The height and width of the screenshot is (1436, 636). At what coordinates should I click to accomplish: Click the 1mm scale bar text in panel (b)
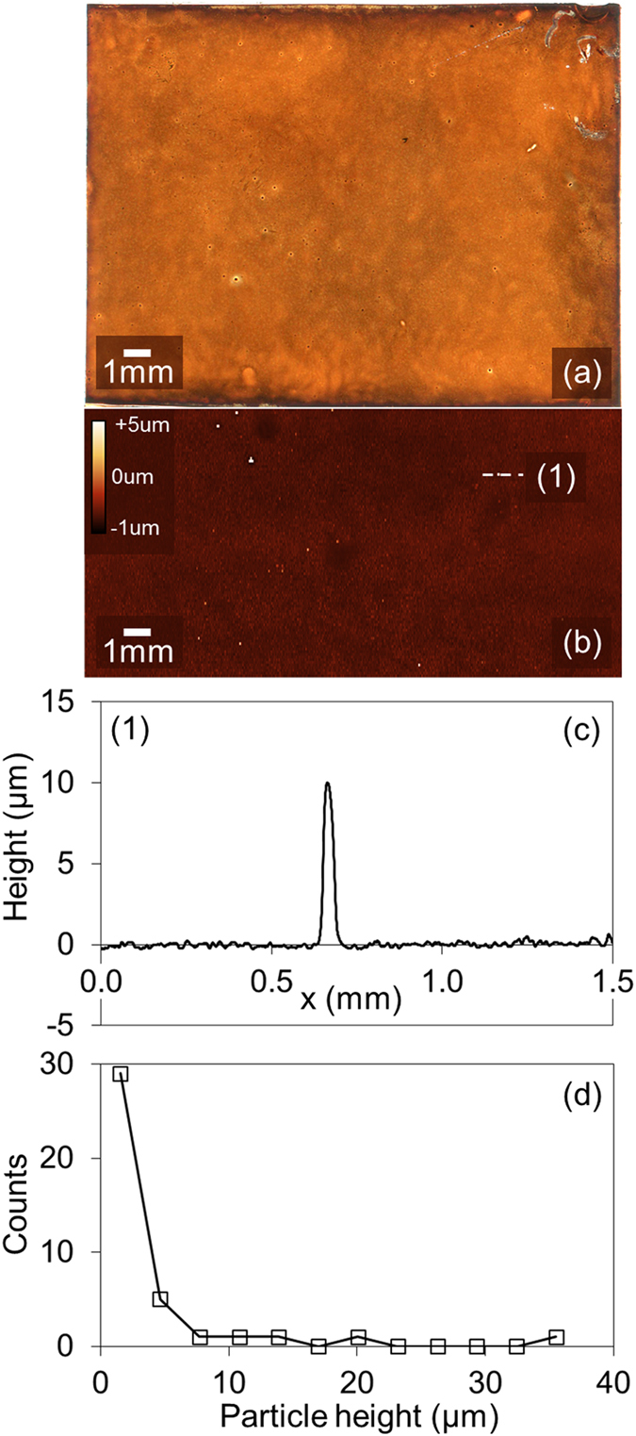click(138, 651)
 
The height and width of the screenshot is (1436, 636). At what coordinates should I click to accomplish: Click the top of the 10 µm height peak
click(327, 783)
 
